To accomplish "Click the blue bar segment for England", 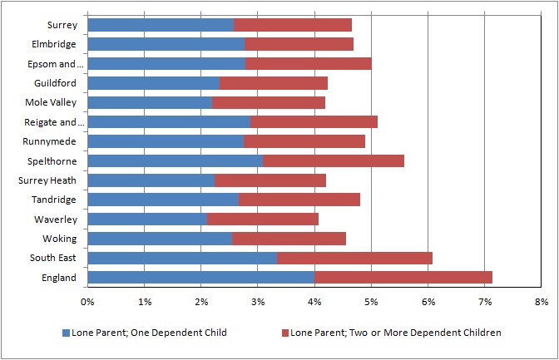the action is point(201,278).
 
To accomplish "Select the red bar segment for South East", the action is point(354,258).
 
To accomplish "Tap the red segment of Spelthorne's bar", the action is point(334,160).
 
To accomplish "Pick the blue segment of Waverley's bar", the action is point(147,219).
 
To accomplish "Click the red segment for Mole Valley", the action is point(269,102).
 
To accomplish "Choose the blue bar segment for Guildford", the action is point(154,83).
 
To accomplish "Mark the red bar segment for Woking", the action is point(289,239).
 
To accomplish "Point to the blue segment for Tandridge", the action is point(163,200).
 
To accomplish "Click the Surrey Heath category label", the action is point(47,180).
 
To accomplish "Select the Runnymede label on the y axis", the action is point(50,141).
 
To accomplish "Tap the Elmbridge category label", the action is point(54,44).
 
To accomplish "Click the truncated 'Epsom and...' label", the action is point(56,64).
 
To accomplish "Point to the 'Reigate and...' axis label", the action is point(55,122).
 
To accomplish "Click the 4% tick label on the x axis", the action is point(314,302).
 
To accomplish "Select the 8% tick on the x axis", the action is point(542,302).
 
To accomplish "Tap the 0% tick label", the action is point(87,302).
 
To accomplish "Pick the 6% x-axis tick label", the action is point(428,302).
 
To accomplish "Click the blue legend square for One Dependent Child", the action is point(66,333).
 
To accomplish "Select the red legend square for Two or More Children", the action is point(284,333).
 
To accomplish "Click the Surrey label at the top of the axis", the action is point(62,25).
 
